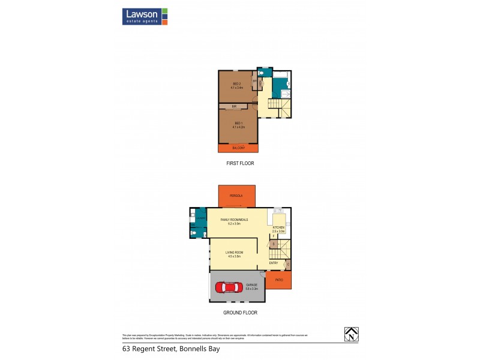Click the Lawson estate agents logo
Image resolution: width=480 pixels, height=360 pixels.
click(145, 16)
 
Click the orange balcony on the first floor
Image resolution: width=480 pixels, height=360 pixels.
click(238, 148)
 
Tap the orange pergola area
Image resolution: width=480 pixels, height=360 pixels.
click(238, 195)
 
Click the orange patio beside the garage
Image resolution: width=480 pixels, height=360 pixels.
click(278, 280)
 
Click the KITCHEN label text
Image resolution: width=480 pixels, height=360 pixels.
click(278, 227)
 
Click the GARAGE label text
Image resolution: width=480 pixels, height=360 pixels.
click(252, 286)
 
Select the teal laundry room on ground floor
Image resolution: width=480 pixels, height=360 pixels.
click(199, 217)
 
